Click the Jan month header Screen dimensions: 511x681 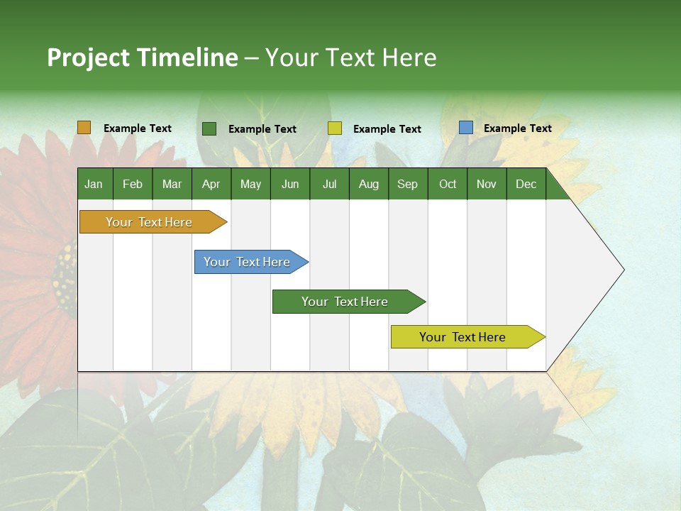[x=94, y=184]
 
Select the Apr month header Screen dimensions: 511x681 [x=211, y=184]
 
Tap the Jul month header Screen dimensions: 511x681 [x=329, y=184]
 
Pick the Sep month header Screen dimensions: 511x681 [x=407, y=184]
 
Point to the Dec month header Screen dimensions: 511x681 [x=526, y=184]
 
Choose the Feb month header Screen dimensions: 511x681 [x=133, y=184]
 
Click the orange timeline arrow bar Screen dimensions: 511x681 [x=149, y=222]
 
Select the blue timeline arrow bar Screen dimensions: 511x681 [x=247, y=262]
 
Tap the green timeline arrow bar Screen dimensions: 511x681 [x=345, y=302]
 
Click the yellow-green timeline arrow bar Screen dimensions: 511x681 [x=463, y=337]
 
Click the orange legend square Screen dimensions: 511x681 [x=84, y=128]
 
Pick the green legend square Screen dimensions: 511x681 [x=209, y=128]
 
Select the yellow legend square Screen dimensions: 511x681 [x=334, y=128]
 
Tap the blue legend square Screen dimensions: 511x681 [x=465, y=128]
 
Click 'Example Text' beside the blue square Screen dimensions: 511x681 [x=517, y=128]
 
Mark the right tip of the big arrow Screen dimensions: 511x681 [x=623, y=270]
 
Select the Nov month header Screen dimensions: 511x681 [x=487, y=184]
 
